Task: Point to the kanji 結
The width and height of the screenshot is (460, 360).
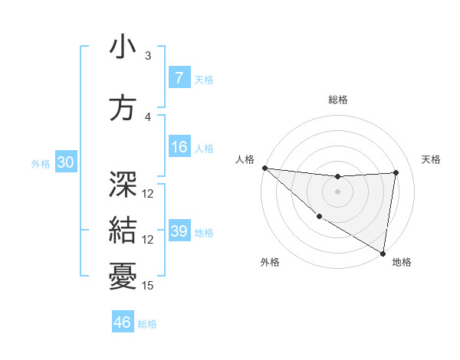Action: coord(123,227)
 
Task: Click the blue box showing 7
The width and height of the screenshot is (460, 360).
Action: coord(179,78)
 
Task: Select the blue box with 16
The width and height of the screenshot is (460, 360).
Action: coord(179,148)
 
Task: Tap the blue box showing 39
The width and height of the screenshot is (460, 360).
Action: coord(179,232)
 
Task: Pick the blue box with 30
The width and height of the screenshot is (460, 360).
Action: coord(64,163)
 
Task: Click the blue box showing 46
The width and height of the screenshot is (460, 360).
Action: coord(122,322)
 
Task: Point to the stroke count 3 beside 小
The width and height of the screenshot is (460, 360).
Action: coord(148,56)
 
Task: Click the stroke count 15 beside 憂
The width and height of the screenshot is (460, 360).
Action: coord(148,286)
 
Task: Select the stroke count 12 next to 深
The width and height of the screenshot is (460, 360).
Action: coord(148,194)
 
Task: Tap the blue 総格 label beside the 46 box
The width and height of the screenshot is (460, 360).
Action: coord(147,324)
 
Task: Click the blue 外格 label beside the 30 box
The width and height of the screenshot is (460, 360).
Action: coord(41,164)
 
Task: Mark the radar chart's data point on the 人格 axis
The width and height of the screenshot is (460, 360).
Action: coord(264,168)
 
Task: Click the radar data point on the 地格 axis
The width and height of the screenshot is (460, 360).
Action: coord(383,253)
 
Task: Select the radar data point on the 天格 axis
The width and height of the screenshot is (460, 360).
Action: coord(396,172)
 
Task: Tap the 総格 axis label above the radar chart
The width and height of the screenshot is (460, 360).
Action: coord(338,100)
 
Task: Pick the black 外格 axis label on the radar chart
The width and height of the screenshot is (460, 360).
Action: coord(270,262)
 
